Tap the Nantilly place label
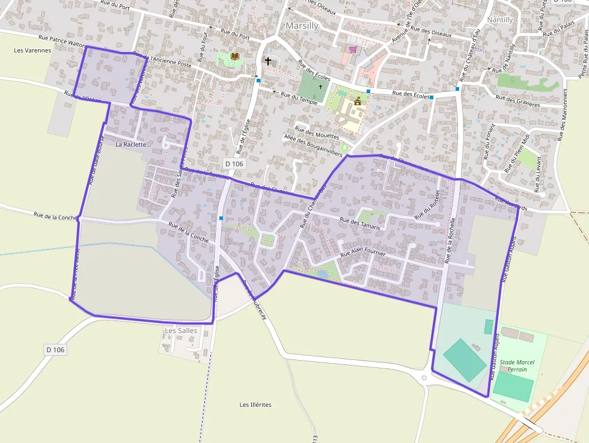point(500,20)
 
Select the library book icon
point(235,57)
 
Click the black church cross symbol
point(268,61)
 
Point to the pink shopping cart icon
point(353,49)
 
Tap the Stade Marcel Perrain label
point(517,365)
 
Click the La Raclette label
point(130,144)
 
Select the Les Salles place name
point(181,331)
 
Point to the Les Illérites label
point(255,405)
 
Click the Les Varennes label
point(32,50)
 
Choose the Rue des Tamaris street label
point(361,221)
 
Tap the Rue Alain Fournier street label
point(362,254)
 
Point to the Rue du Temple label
point(299,97)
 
